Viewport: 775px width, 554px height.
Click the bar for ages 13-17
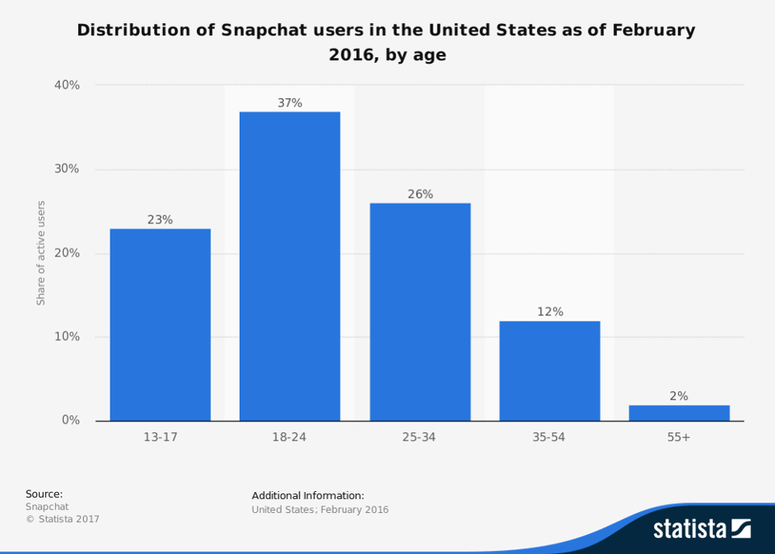click(160, 324)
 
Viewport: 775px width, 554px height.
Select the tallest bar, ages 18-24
click(290, 266)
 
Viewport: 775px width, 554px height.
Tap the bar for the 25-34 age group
click(420, 311)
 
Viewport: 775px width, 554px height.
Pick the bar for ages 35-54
click(550, 370)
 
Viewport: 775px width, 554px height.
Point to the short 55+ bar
click(679, 413)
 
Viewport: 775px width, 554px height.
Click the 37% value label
click(290, 103)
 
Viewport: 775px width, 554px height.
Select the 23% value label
click(160, 219)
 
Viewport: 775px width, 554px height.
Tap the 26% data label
click(420, 194)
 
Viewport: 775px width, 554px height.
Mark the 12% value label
click(550, 312)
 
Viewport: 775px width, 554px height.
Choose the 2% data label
click(679, 396)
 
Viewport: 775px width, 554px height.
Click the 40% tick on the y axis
click(66, 85)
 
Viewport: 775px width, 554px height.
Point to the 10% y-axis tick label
click(66, 336)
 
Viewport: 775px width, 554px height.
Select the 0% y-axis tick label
click(70, 420)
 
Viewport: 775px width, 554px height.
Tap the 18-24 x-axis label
click(290, 437)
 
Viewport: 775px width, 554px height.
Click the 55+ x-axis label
click(679, 437)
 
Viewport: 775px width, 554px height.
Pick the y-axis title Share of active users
click(41, 252)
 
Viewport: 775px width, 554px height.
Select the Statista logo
click(702, 529)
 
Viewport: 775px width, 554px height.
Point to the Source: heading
click(44, 494)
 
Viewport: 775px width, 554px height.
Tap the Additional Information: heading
click(308, 495)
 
